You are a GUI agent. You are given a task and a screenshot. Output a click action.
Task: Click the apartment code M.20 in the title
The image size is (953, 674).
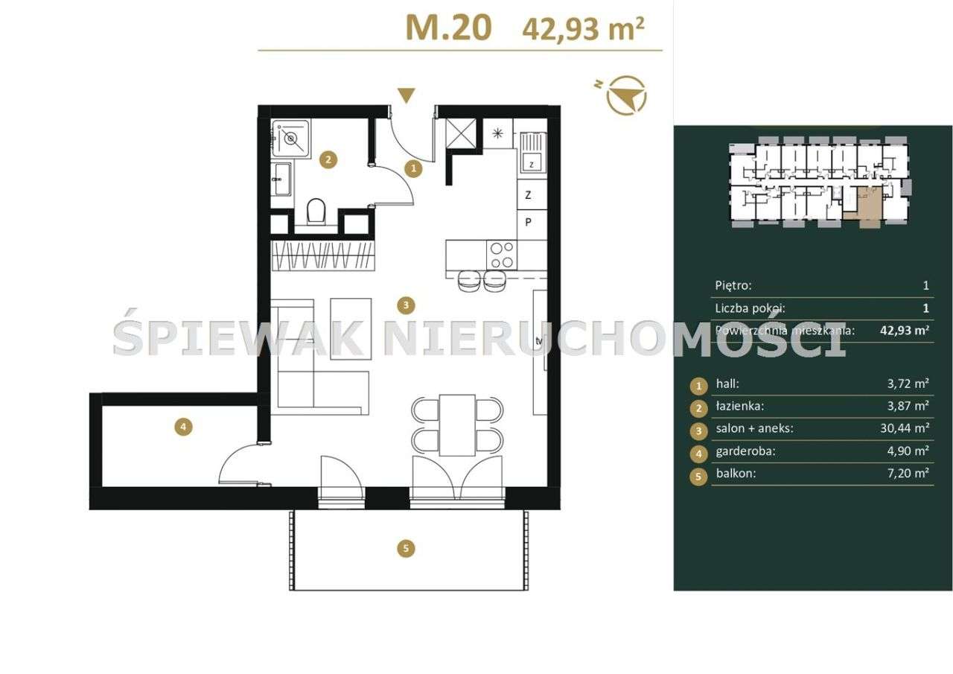[448, 27]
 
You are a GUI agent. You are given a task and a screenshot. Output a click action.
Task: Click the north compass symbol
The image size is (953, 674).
[625, 95]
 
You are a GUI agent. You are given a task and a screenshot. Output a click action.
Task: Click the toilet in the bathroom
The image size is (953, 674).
[316, 211]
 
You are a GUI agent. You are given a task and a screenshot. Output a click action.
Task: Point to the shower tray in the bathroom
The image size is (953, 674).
[291, 138]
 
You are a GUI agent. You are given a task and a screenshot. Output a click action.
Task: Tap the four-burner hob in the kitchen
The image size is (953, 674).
[501, 255]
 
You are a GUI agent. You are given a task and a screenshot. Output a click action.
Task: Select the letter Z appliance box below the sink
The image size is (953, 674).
[528, 196]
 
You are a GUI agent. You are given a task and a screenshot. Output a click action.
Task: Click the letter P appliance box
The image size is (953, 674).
[528, 222]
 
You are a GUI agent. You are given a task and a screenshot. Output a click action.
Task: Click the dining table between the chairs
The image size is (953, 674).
[457, 425]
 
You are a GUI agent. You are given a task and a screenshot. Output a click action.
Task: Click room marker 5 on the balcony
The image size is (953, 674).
[405, 549]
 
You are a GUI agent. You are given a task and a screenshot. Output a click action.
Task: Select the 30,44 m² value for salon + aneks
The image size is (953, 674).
[904, 428]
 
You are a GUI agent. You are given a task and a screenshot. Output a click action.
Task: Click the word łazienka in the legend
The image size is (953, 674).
[739, 407]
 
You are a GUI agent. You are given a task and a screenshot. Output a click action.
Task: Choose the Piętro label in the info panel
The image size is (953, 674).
[733, 285]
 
